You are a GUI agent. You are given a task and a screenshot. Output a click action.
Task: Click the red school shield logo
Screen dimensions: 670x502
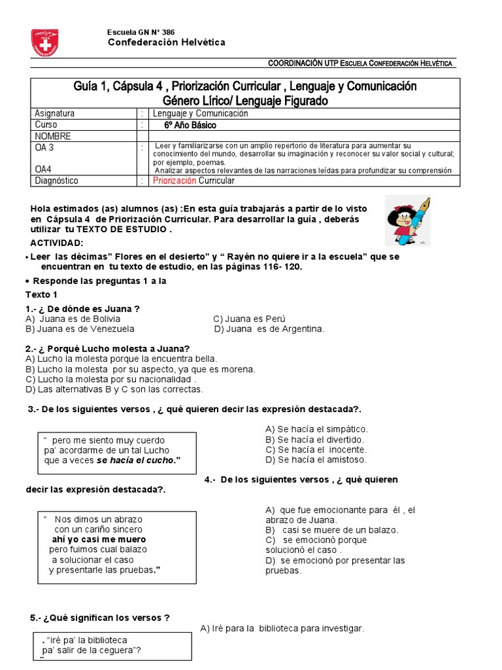coord(44,42)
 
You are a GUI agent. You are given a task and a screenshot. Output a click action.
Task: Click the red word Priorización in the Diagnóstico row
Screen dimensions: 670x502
coord(174,181)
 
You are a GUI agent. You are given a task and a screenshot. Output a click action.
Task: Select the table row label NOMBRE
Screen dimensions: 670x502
coord(53,136)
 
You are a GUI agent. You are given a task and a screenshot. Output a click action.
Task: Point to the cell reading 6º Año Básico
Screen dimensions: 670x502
coord(190,125)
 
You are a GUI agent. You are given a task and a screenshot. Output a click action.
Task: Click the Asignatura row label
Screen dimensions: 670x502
coord(54,113)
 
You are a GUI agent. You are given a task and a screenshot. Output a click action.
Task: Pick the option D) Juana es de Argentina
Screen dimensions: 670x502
coord(269,329)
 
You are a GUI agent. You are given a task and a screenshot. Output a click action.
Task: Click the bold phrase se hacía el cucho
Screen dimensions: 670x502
coord(138,460)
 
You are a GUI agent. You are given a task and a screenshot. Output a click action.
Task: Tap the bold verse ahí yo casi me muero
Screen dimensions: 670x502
coord(99,540)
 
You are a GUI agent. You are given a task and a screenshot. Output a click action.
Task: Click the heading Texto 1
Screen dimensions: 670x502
coord(41,294)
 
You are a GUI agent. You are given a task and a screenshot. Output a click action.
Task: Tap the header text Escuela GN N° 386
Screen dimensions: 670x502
coord(141,32)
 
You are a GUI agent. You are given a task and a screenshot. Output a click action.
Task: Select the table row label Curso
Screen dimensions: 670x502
coord(46,125)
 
